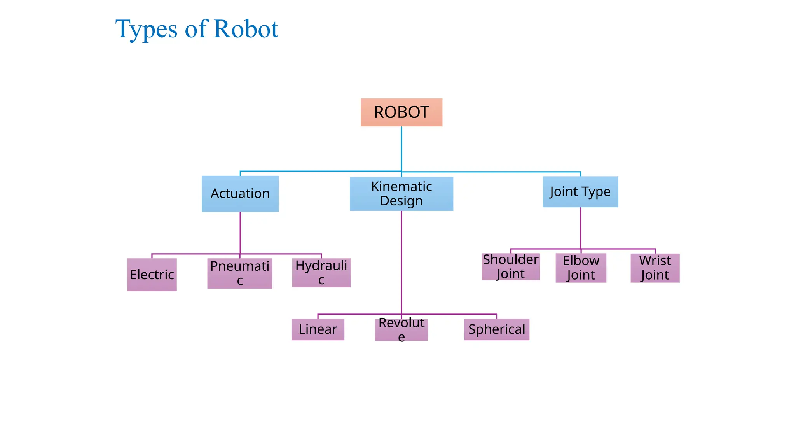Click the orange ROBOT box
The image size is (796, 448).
(401, 112)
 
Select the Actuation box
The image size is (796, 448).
(240, 194)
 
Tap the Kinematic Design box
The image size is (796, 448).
(401, 194)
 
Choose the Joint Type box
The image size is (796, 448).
(580, 192)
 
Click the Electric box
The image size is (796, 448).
(152, 275)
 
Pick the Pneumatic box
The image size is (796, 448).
(239, 273)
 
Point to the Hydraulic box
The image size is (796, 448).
(321, 273)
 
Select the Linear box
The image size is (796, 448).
(318, 329)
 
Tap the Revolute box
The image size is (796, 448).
(401, 329)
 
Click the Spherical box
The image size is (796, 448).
(496, 329)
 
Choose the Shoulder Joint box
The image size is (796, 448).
(510, 266)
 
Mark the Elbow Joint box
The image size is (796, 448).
(581, 268)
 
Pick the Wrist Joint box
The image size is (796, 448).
(655, 268)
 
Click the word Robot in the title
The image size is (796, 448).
(246, 29)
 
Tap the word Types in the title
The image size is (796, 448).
(147, 30)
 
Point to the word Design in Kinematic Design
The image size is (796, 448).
(401, 201)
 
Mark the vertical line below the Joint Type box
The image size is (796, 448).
(580, 228)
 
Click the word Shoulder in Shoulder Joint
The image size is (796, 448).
(510, 259)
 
